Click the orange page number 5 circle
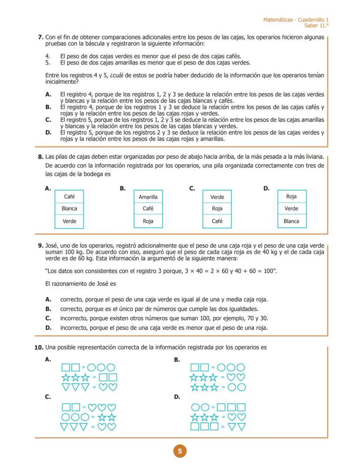point(180,451)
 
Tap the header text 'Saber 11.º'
point(317,26)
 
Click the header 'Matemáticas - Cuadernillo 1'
point(296,20)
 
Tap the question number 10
point(39,347)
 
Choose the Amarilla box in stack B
point(148,197)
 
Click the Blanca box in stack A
point(69,208)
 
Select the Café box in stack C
point(217,221)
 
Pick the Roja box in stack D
point(291,197)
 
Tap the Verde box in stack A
point(69,221)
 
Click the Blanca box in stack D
point(291,221)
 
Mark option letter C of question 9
point(48,318)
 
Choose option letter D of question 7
point(48,133)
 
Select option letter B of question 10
point(177,360)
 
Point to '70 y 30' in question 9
point(257,318)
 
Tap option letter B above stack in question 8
point(123,188)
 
